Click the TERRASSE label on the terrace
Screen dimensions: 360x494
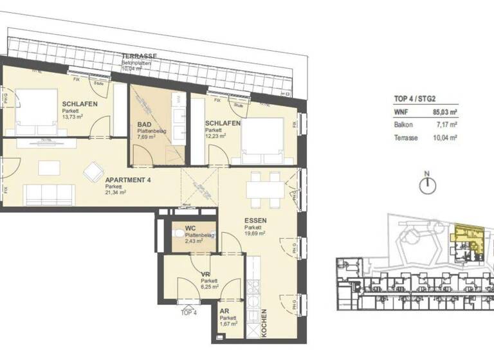140,57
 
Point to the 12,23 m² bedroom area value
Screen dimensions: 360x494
216,136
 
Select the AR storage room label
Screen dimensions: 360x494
224,310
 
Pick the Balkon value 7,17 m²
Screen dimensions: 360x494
447,125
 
